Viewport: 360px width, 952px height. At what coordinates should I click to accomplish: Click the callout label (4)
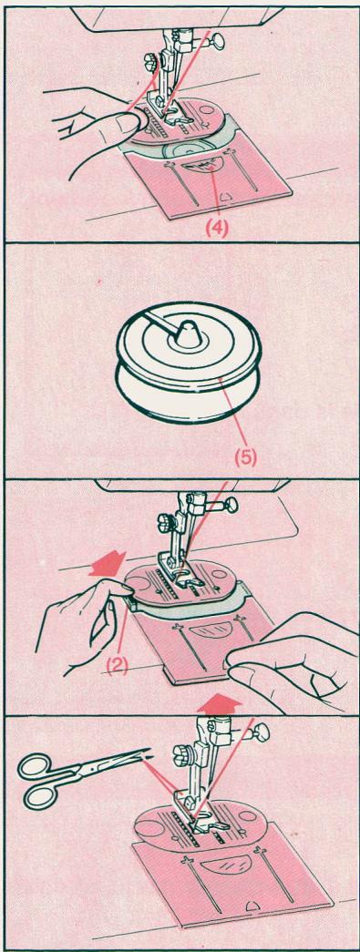[x=216, y=230]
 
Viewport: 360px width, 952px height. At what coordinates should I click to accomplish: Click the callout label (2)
[x=118, y=665]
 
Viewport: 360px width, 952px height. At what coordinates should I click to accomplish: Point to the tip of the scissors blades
[x=149, y=754]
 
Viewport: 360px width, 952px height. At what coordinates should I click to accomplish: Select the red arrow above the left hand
[x=107, y=563]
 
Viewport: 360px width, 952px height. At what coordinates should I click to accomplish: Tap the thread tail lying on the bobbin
[x=161, y=322]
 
